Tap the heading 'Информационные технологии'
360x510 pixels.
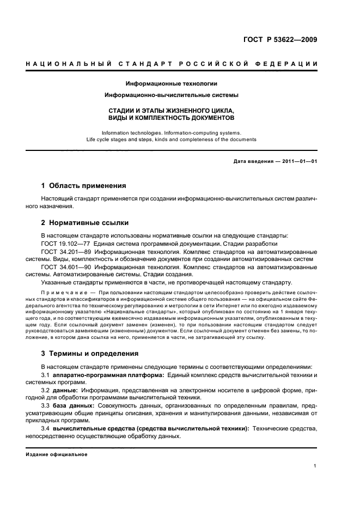172,83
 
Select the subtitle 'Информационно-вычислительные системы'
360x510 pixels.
172,95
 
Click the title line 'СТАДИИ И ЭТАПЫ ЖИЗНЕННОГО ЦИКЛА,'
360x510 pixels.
172,110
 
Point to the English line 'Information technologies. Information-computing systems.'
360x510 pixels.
172,132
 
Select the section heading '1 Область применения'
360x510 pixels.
84,185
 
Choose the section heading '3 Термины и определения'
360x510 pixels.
90,353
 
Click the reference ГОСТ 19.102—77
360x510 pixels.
64,244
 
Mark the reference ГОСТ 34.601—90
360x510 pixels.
64,267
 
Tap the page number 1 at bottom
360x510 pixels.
316,466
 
